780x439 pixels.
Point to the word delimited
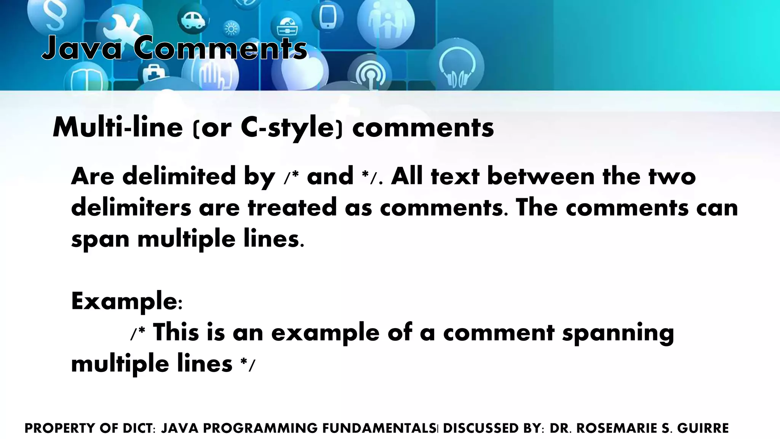(179, 176)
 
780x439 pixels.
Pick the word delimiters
(131, 208)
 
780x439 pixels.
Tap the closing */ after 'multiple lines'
(248, 365)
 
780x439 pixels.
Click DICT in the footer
(139, 428)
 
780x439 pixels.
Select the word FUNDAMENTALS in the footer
(379, 428)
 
